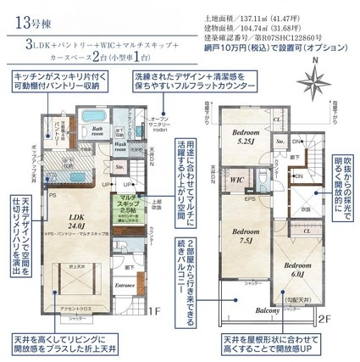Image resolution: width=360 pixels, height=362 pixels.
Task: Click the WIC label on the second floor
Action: [x=239, y=181]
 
